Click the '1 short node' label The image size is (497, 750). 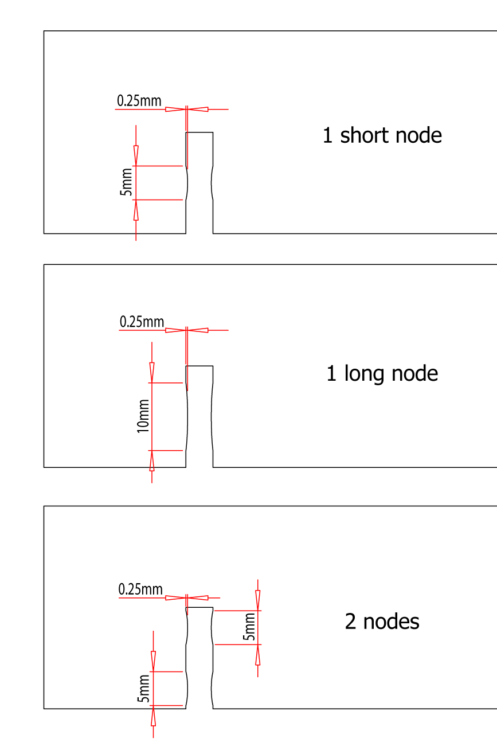[x=382, y=136]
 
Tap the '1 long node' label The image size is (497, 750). [x=382, y=374]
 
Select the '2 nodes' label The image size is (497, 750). [x=382, y=622]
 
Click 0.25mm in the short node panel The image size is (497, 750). [x=139, y=101]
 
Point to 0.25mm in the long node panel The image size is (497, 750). [x=142, y=322]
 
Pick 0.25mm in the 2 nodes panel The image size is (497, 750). [x=140, y=589]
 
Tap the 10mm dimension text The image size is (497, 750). [x=143, y=416]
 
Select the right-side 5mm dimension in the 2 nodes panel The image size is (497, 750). [x=249, y=627]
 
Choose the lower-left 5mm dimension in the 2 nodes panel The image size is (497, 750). [x=144, y=689]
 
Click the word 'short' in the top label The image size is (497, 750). [x=361, y=136]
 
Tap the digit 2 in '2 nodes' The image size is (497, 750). [x=351, y=622]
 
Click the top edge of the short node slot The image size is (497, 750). [x=199, y=132]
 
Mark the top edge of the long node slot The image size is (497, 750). [x=199, y=366]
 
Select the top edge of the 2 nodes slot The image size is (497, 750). [x=199, y=607]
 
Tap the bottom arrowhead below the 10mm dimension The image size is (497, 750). [x=152, y=461]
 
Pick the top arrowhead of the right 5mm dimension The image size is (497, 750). [x=258, y=600]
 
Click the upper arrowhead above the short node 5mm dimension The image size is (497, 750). [x=136, y=155]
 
